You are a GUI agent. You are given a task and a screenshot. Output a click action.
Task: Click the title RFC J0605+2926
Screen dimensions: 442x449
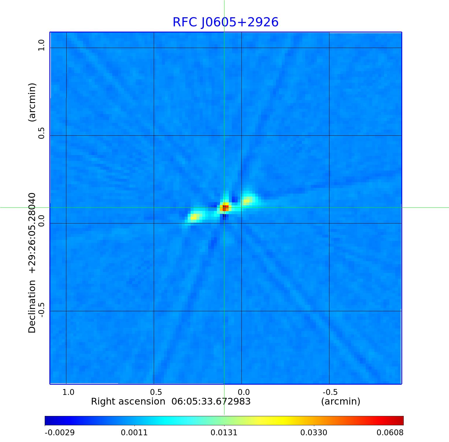(225, 22)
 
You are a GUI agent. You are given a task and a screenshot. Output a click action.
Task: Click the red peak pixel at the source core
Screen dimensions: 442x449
(225, 208)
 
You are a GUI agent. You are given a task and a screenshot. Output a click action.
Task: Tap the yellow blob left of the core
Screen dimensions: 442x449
(195, 217)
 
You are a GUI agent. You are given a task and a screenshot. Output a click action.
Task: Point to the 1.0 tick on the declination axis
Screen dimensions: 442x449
(41, 45)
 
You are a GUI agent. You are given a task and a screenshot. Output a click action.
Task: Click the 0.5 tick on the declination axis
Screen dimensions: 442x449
(41, 133)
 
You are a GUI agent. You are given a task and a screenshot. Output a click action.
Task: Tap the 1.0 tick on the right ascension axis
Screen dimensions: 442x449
(68, 392)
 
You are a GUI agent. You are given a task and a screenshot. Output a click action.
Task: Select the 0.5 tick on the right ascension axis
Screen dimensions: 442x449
(156, 392)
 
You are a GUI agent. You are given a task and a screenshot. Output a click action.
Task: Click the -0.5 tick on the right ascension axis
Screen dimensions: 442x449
(330, 392)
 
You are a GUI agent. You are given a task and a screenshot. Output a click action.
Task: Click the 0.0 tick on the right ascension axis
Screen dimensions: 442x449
(244, 392)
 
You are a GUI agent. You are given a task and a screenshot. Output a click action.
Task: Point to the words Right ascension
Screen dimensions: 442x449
(128, 401)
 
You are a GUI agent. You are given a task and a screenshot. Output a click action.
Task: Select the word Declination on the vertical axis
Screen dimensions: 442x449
(32, 306)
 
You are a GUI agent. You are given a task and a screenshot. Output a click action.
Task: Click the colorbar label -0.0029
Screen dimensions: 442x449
(60, 432)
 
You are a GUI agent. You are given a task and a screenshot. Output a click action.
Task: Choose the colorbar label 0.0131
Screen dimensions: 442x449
(224, 432)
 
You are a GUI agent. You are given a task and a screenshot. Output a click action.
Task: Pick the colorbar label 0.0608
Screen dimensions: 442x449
(390, 432)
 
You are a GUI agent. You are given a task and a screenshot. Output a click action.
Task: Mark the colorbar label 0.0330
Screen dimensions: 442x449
(314, 432)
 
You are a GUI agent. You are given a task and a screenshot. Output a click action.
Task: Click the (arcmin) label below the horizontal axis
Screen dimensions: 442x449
(341, 401)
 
